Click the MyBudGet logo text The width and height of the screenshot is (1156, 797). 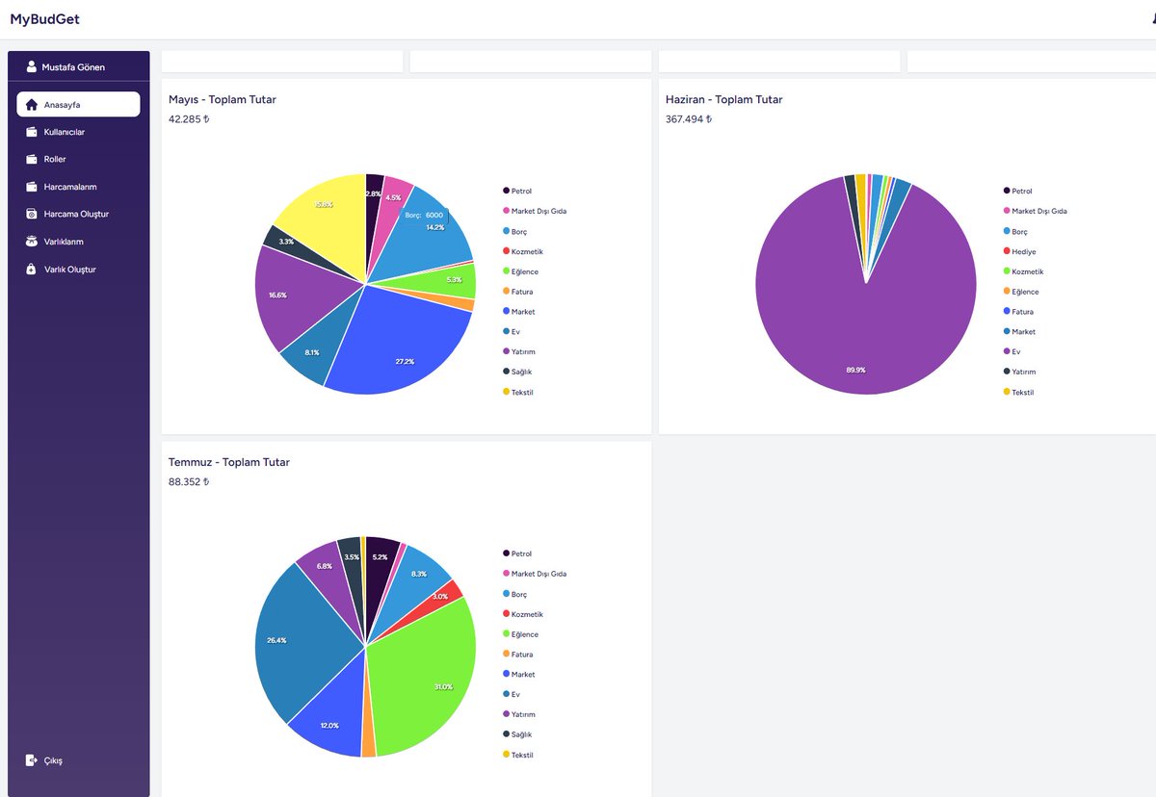pos(44,19)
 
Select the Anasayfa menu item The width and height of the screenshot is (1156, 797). pos(78,105)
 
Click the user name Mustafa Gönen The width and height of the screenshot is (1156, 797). pos(73,67)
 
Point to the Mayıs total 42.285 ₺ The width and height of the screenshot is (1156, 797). pos(189,119)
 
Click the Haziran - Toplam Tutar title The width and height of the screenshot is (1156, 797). pos(723,99)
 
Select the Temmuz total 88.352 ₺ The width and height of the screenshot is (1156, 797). pos(189,481)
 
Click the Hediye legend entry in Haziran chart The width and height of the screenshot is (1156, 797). pos(1020,251)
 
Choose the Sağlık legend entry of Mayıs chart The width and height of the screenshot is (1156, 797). pos(517,372)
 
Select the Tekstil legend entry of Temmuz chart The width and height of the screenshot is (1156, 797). pos(518,755)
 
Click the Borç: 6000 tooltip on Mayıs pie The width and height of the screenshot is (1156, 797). pos(424,215)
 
